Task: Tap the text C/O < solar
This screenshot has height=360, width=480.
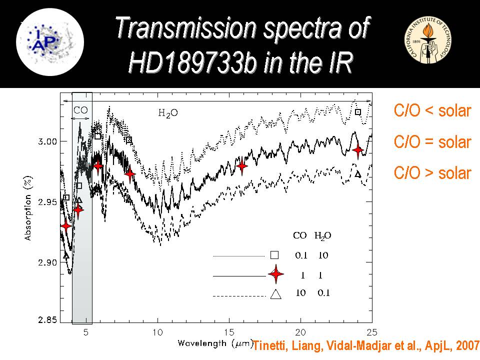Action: tap(432, 111)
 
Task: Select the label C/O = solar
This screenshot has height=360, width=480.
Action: tap(432, 142)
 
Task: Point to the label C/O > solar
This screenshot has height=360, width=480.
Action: tap(432, 173)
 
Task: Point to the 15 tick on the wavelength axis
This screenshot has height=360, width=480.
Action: tap(229, 332)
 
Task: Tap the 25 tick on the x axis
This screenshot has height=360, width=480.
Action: tap(372, 332)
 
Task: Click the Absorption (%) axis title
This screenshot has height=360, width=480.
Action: tap(28, 207)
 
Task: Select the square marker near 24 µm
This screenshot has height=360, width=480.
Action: tap(358, 112)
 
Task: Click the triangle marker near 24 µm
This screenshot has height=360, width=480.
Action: tap(357, 174)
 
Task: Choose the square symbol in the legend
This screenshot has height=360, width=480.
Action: tap(274, 254)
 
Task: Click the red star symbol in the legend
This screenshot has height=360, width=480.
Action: tap(276, 274)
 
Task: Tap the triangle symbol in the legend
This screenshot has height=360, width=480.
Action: tap(275, 294)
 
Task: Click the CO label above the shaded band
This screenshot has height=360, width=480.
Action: tap(80, 109)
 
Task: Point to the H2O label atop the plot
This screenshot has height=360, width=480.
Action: tap(168, 113)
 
